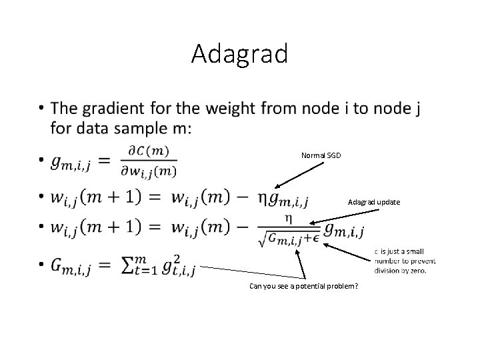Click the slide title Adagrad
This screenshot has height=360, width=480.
(x=239, y=53)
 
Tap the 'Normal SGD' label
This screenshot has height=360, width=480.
(x=321, y=155)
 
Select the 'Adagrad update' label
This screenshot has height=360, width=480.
(x=374, y=202)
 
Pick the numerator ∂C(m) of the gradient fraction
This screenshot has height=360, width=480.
(x=150, y=151)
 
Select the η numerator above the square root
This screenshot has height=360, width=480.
(x=288, y=218)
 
